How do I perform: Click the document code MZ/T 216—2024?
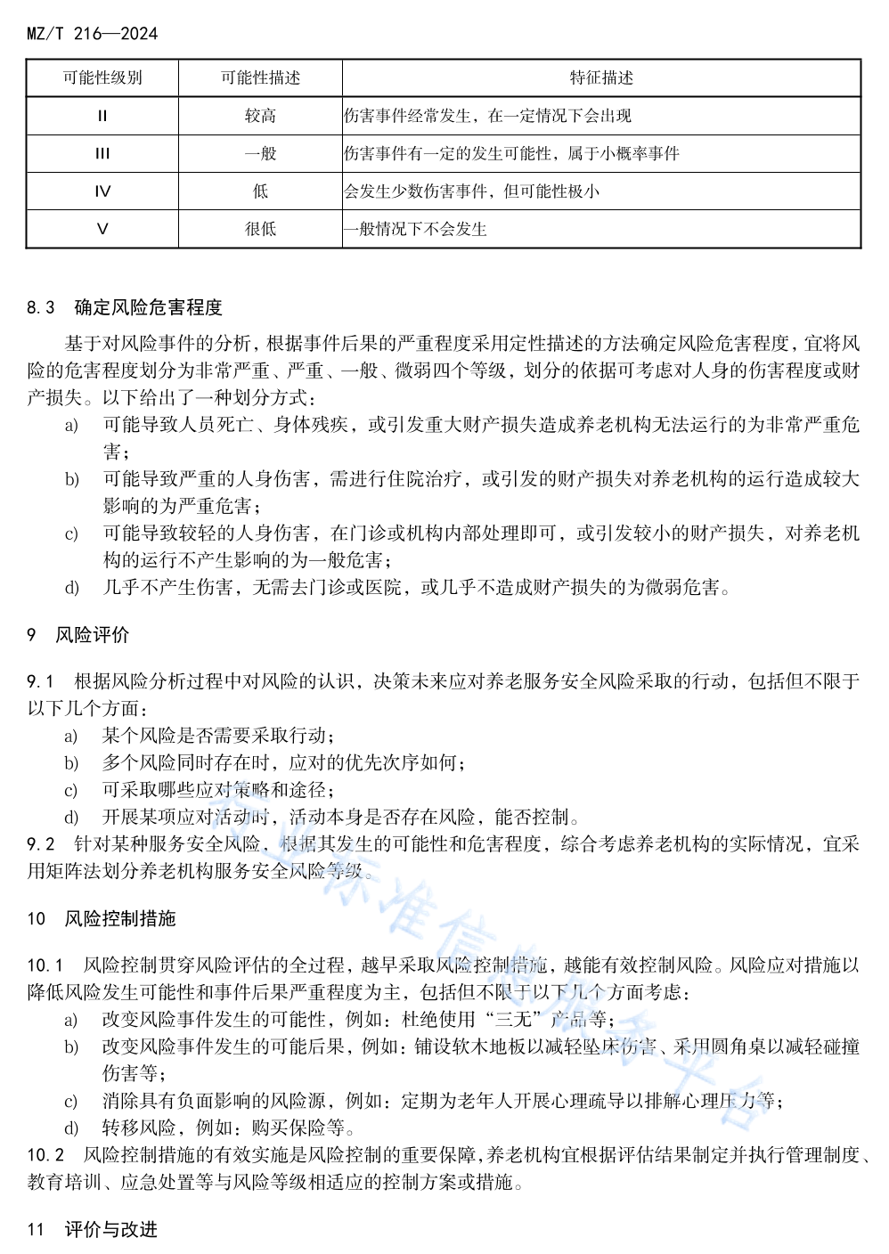pos(92,34)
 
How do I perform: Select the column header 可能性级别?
pos(102,78)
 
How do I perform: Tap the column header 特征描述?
pos(601,78)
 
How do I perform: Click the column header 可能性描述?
pos(260,78)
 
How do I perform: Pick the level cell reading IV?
pos(102,191)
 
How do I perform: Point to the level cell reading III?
pos(102,153)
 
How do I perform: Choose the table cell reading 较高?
pos(260,116)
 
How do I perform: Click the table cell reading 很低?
pos(260,229)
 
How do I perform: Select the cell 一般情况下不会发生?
pos(416,229)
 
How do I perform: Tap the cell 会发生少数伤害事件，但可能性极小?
pos(472,191)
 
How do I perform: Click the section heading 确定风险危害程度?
pos(148,307)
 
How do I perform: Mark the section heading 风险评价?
pos(92,635)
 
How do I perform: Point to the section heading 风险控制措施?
pos(120,918)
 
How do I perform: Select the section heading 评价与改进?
pos(110,1229)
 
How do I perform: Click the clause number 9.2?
pos(41,843)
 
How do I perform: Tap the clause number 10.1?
pos(45,965)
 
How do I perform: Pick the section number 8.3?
pos(41,307)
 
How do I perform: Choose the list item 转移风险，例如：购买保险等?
pos(229,1128)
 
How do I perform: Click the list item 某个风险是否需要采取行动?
pos(218,736)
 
